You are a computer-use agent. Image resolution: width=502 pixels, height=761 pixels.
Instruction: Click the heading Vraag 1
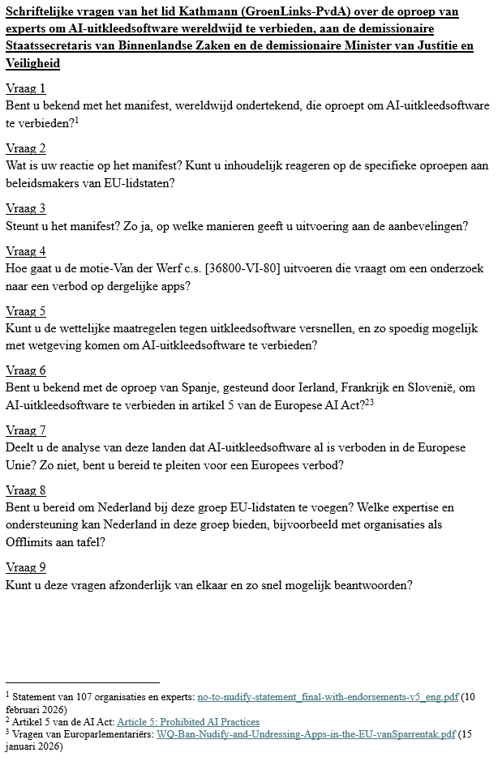click(x=25, y=88)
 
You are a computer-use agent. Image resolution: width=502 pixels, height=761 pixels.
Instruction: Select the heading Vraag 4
click(x=25, y=251)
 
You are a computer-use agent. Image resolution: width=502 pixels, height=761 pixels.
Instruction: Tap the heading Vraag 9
click(x=25, y=567)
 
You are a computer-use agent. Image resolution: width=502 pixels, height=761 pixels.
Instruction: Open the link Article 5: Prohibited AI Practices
click(x=188, y=721)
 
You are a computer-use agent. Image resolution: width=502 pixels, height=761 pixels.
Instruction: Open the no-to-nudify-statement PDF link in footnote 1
click(x=328, y=696)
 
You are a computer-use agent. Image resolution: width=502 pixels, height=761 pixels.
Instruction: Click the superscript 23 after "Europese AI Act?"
click(x=369, y=401)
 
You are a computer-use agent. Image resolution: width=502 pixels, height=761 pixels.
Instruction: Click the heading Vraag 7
click(x=25, y=430)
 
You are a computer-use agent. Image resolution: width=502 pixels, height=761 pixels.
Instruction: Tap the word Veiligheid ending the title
click(x=32, y=62)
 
